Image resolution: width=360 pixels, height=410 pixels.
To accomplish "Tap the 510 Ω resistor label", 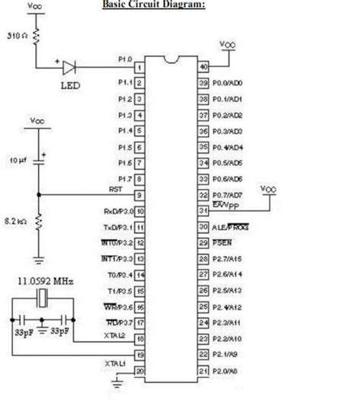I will [17, 35].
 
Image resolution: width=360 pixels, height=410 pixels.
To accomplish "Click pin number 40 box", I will [202, 67].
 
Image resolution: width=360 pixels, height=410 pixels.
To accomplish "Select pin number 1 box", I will [140, 67].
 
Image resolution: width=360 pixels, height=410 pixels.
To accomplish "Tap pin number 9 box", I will [140, 194].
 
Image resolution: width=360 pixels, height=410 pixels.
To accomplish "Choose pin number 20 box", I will [140, 370].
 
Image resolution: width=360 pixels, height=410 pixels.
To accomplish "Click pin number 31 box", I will [202, 210].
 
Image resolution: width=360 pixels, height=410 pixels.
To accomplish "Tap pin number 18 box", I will [140, 338].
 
